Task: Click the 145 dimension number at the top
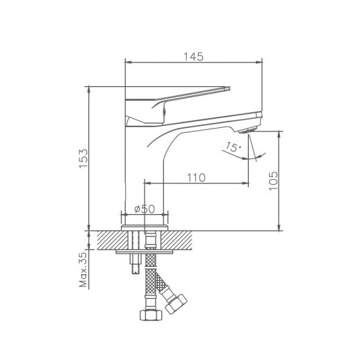click(195, 57)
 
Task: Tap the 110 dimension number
click(197, 177)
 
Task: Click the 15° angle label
click(232, 147)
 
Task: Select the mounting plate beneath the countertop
click(144, 254)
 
